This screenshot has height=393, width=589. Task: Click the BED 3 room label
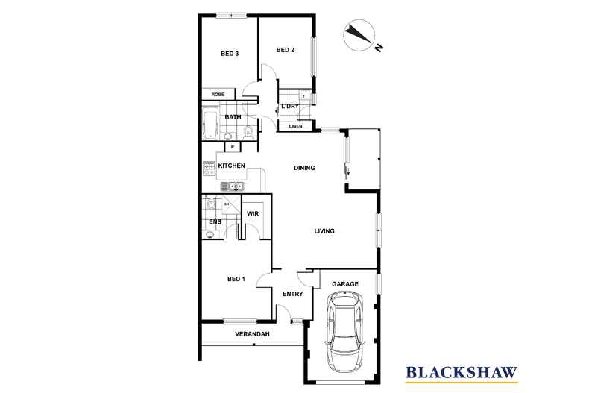pos(230,54)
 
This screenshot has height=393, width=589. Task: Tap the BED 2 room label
pos(285,50)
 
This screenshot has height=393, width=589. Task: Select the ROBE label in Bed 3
pos(218,94)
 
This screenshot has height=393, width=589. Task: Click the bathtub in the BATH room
pos(210,123)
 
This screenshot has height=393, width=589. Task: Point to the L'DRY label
pos(290,107)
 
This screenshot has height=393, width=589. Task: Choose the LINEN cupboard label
pos(296,126)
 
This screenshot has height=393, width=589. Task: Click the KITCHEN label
pos(231,166)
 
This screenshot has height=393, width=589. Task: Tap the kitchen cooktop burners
pos(209,168)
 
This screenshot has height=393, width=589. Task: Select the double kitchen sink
pos(232,186)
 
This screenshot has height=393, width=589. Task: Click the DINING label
pos(304,168)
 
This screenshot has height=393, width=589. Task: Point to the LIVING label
pos(324,231)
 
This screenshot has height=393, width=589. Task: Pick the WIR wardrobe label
pos(253,214)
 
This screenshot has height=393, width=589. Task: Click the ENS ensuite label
pos(215,222)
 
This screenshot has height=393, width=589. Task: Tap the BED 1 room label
pos(236,279)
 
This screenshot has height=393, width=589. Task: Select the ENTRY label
pos(292,294)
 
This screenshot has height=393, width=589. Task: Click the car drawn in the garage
pos(345,331)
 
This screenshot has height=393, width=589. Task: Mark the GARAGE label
pos(345,284)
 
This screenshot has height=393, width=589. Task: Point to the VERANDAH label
pos(253,334)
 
